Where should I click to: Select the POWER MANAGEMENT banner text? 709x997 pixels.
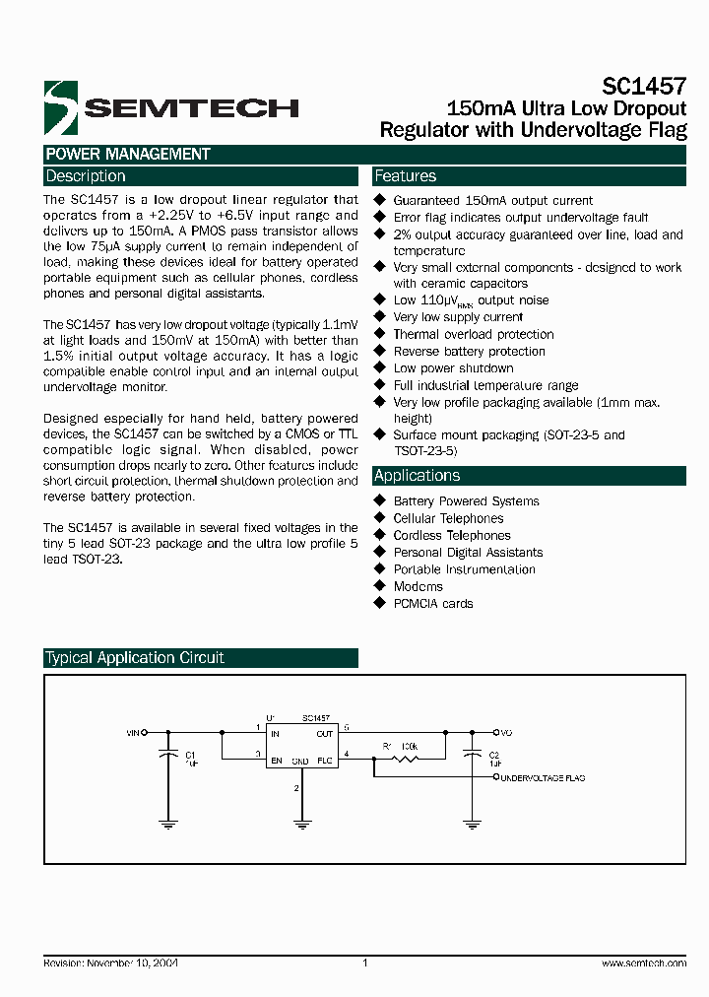point(127,155)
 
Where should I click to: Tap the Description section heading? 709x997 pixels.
point(86,176)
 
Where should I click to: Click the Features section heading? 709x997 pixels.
point(405,176)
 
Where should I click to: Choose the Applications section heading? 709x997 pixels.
point(417,476)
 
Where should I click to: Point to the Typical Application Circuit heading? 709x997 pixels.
point(135,658)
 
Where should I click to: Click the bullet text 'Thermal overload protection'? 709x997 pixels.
point(473,334)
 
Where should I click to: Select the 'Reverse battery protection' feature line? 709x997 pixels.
point(469,352)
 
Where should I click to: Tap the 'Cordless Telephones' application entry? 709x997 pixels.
point(451,536)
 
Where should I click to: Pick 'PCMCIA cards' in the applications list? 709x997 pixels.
point(432,604)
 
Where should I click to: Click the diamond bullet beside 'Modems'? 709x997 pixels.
point(379,586)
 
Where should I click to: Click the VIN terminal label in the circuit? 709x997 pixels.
point(133,733)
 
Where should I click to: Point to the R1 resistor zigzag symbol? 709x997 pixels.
point(405,758)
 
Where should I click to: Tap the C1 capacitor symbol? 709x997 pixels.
point(168,755)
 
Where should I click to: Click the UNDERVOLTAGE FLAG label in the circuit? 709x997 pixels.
point(543,778)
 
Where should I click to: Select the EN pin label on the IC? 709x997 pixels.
point(276,761)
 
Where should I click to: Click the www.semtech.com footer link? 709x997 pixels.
point(643,964)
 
